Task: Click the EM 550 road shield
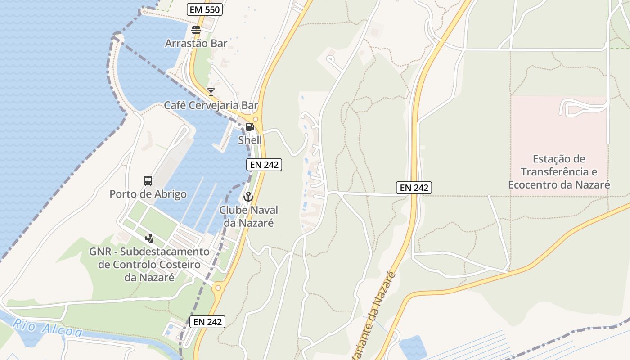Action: click(205, 9)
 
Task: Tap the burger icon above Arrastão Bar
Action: click(196, 30)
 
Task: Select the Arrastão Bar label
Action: click(196, 43)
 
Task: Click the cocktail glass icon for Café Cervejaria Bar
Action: click(211, 92)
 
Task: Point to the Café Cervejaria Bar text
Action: click(211, 105)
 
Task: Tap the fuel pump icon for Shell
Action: click(250, 127)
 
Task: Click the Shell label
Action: click(250, 140)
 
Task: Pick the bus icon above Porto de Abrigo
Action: click(148, 181)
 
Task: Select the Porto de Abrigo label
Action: click(148, 194)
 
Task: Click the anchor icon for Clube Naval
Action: click(248, 197)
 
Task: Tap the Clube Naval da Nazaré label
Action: click(248, 216)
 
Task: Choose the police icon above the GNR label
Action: click(149, 238)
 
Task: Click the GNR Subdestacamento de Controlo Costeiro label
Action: click(149, 264)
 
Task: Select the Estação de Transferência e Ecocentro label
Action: click(559, 171)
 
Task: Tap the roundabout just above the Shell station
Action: click(255, 119)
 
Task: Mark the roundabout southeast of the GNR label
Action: click(218, 288)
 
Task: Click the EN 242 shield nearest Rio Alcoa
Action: click(207, 321)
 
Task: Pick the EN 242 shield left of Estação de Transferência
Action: click(414, 188)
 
